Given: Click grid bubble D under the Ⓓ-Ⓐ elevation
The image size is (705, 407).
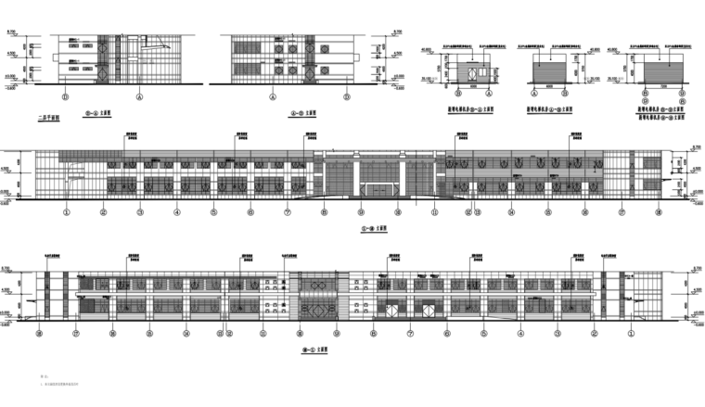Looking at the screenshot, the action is (x=66, y=95).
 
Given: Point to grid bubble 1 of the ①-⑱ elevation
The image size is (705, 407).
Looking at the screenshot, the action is (x=67, y=212).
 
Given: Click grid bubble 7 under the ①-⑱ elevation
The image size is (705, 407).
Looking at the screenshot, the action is (x=288, y=212).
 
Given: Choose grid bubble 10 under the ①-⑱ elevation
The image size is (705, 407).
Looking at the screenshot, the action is (x=397, y=212).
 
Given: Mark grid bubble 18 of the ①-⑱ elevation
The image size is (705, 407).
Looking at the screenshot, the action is (x=658, y=212).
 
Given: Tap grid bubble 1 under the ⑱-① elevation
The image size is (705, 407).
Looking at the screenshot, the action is (x=629, y=333).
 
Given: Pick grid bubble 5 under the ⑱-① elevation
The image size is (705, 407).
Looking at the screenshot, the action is (x=483, y=333).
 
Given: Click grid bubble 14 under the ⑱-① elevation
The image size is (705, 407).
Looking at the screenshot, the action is (x=186, y=333).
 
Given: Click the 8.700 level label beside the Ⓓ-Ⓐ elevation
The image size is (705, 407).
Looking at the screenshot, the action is (x=12, y=32).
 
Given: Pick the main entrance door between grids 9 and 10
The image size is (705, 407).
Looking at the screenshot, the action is (x=378, y=189).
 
